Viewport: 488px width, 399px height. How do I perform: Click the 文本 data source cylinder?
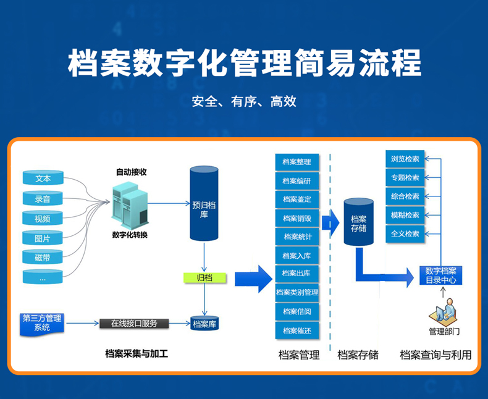(43, 178)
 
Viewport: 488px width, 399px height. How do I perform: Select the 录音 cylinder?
(43, 198)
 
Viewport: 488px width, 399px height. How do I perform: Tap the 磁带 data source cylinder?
(43, 257)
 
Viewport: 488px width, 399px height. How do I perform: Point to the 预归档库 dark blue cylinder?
(204, 204)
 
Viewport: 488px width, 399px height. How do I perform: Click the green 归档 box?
(204, 277)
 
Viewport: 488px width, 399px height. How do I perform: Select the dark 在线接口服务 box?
(134, 324)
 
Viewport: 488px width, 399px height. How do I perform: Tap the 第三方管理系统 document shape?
(42, 324)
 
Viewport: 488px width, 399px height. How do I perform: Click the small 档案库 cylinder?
(204, 324)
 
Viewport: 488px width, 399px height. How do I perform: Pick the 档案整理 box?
(297, 162)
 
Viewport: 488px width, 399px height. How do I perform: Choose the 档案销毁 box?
(297, 218)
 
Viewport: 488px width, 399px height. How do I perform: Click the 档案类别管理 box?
(297, 292)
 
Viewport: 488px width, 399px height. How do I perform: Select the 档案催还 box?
(297, 330)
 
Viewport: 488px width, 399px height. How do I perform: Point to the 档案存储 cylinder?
(358, 222)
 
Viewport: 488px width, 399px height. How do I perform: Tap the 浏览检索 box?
(405, 159)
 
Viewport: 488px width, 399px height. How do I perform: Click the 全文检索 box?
(405, 233)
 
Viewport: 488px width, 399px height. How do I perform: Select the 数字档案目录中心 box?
(440, 275)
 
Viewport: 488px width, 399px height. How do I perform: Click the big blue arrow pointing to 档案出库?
(254, 279)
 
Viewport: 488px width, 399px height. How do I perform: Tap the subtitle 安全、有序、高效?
(244, 101)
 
